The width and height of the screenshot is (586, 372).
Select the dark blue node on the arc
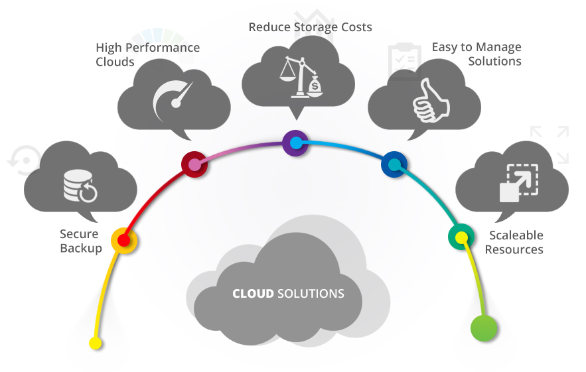[x=394, y=164]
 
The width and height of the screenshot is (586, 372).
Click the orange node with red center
[x=123, y=240]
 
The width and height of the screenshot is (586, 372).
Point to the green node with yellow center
[x=461, y=237]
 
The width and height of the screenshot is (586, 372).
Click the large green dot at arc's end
[x=484, y=328]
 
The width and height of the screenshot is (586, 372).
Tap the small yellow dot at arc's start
[x=96, y=343]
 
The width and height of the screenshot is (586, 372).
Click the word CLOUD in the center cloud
[x=253, y=294]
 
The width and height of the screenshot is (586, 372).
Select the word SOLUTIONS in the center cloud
[x=311, y=294]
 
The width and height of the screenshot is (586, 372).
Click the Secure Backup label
[x=80, y=241]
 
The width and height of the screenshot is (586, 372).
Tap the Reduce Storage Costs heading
[x=310, y=27]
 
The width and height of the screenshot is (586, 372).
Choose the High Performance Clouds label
[x=147, y=55]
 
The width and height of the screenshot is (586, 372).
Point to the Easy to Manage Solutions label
[x=476, y=54]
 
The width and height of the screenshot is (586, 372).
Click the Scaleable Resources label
[x=514, y=243]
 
